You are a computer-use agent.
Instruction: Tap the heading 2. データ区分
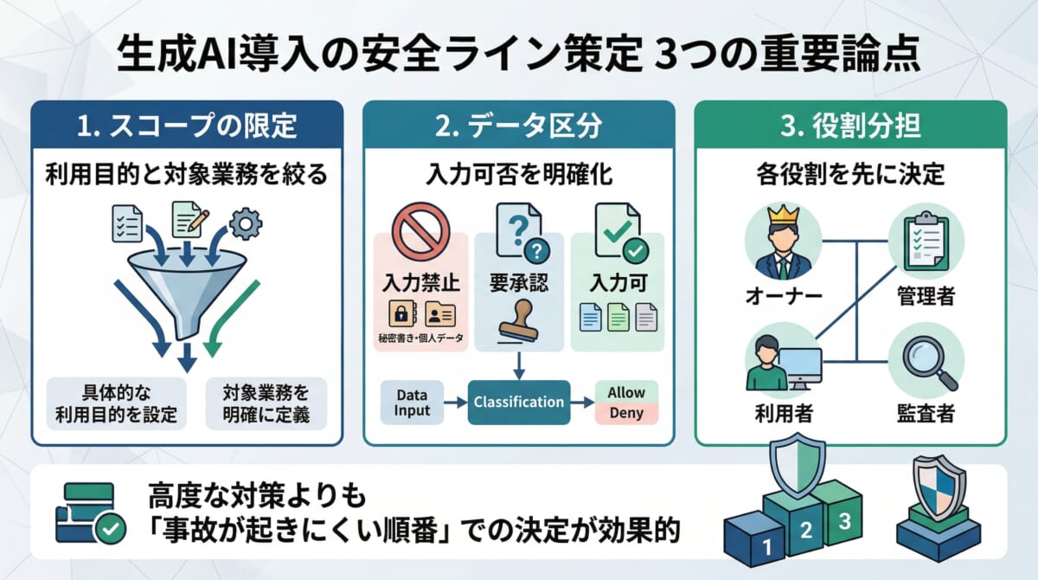(518, 126)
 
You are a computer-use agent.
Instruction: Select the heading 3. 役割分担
(851, 126)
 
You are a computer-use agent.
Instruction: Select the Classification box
(519, 402)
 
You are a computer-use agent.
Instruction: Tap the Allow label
(626, 392)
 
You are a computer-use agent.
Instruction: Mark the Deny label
(626, 413)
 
